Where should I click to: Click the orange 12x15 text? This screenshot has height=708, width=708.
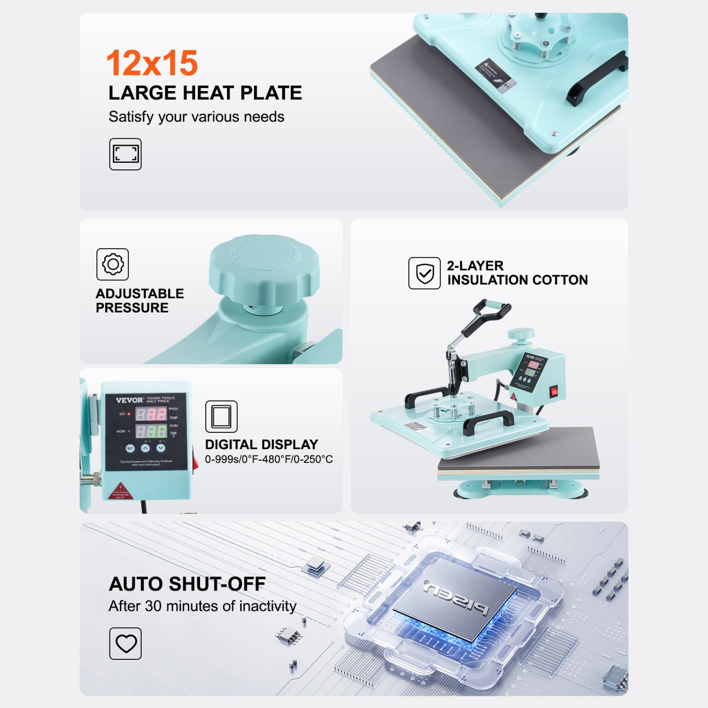[x=152, y=63]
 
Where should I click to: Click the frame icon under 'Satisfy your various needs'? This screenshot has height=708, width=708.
[x=125, y=154]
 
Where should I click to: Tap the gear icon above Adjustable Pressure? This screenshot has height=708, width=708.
[x=112, y=264]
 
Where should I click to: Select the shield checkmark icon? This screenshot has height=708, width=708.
[x=424, y=273]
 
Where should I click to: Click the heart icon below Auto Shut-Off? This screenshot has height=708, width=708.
[x=126, y=643]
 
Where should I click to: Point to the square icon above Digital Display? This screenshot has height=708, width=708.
[x=221, y=416]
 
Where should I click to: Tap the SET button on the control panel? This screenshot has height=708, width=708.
[x=130, y=448]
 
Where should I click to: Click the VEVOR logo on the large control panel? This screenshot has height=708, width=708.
[x=129, y=400]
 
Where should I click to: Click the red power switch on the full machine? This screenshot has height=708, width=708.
[x=554, y=391]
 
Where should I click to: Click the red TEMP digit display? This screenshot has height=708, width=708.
[x=151, y=414]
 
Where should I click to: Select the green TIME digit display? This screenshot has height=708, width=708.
[x=151, y=431]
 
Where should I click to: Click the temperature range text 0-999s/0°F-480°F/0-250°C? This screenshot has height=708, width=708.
[x=269, y=459]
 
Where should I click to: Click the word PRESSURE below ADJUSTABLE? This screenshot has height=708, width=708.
[x=132, y=308]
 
